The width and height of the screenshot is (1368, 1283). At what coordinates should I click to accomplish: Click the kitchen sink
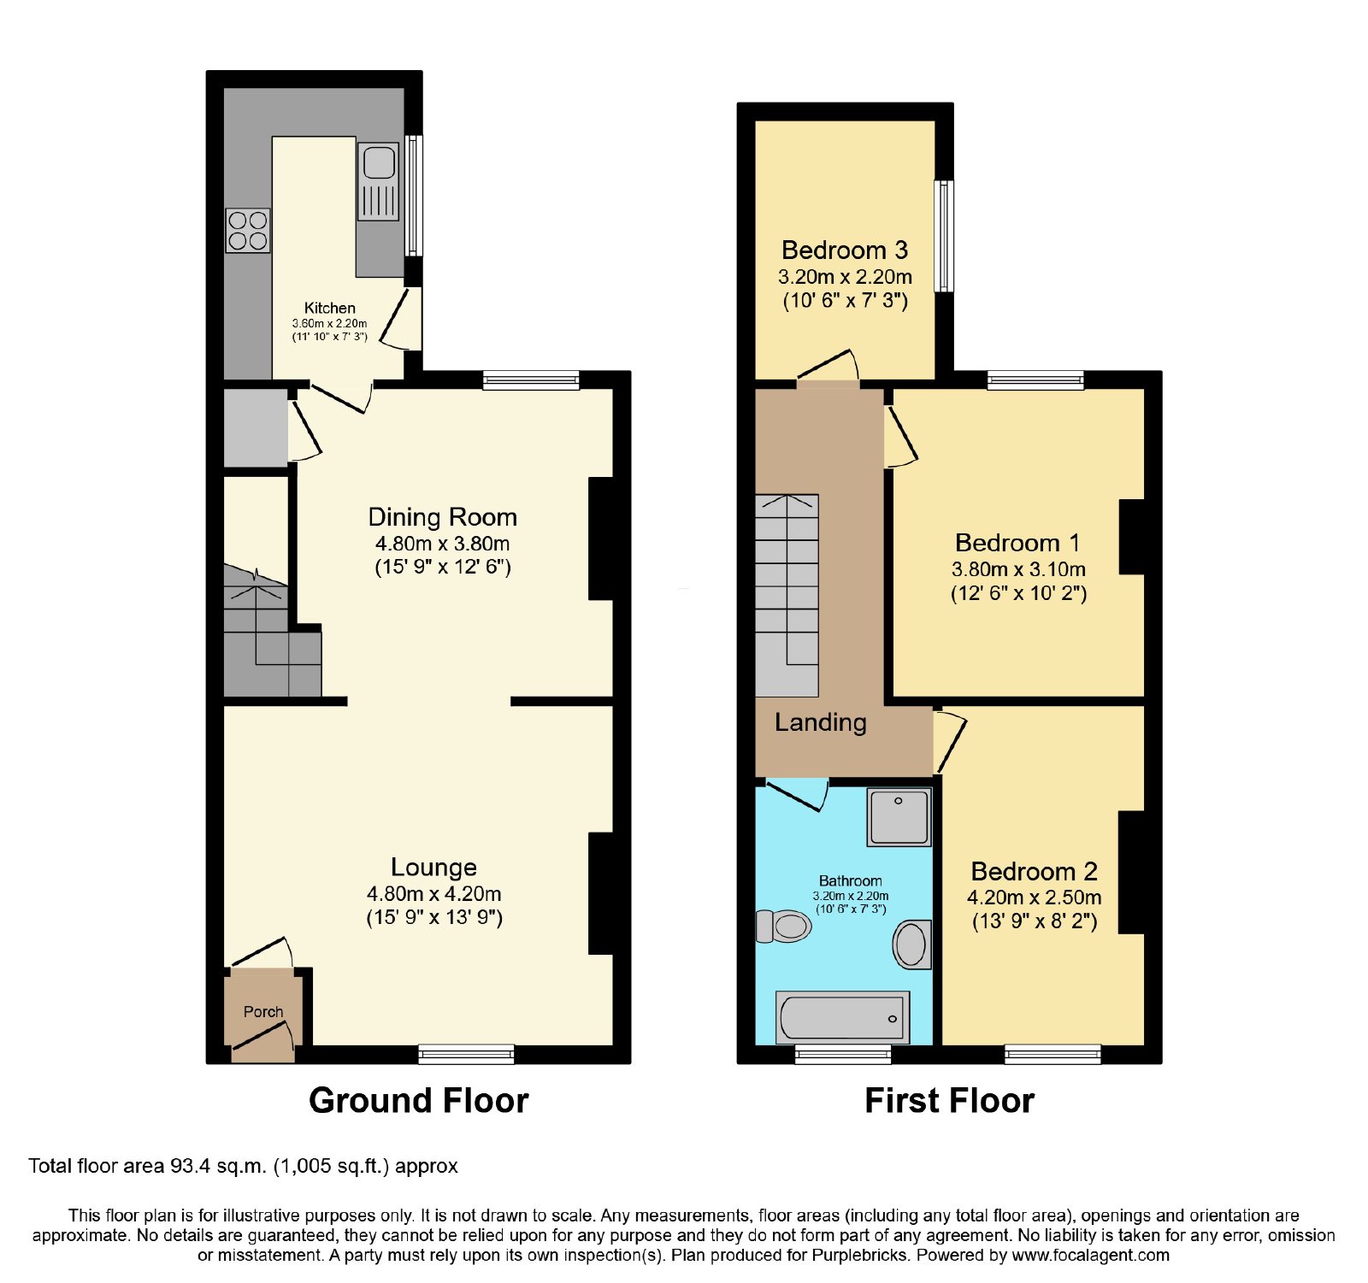[378, 182]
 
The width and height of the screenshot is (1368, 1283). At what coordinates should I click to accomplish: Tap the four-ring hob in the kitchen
[248, 231]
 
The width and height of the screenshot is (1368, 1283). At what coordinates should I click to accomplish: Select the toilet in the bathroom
[784, 927]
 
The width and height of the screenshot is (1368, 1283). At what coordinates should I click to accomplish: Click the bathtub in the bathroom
[842, 1018]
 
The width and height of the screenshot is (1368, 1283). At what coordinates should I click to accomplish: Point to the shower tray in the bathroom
[899, 817]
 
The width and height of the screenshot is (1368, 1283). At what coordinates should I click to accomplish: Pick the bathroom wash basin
[912, 945]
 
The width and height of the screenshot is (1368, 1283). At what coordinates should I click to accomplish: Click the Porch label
[263, 1012]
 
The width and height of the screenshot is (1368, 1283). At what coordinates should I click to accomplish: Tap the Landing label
[821, 723]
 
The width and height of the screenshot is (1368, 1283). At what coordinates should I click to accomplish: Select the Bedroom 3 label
[845, 250]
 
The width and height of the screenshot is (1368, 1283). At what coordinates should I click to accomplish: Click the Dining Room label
[443, 517]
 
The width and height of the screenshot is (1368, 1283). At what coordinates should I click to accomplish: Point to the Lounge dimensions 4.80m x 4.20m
[434, 894]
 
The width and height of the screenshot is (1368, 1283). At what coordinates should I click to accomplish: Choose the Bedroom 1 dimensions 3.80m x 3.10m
[1018, 569]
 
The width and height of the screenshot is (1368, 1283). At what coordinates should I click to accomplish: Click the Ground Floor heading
[419, 1101]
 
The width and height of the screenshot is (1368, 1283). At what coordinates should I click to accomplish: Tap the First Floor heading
[950, 1101]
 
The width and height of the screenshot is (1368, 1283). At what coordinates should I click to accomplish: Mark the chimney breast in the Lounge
[601, 893]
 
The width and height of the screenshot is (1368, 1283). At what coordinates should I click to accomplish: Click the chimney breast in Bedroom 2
[1132, 872]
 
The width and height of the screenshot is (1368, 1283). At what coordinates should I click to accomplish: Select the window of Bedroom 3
[944, 236]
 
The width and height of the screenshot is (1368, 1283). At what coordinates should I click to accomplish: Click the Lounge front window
[467, 1054]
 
